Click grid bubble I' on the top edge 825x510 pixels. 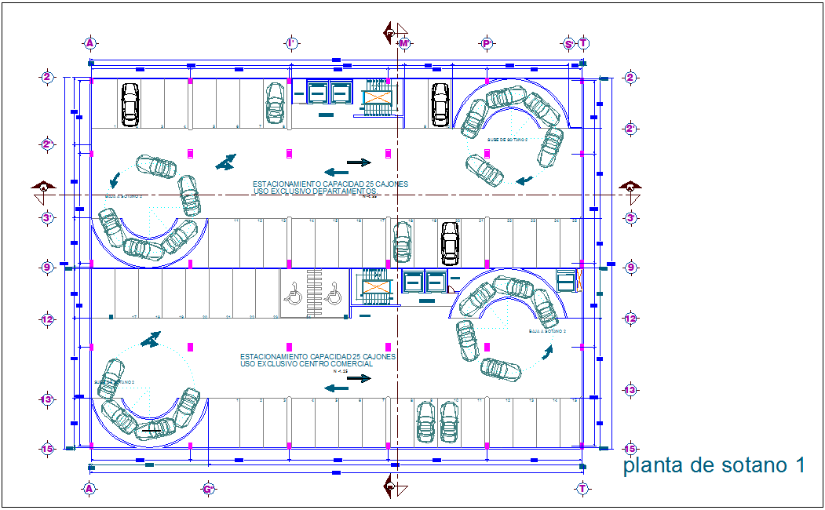coord(291,43)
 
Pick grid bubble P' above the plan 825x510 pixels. coord(487,43)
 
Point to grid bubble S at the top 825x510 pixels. coord(568,43)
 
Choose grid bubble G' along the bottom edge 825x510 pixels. coord(209,489)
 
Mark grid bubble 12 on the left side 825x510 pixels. coord(47,319)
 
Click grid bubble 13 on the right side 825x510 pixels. coord(630,390)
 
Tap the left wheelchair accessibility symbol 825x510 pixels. coord(294,297)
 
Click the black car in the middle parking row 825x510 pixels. coord(450,243)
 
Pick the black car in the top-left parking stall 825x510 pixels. coord(130,104)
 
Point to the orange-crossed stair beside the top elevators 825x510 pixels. coord(377,98)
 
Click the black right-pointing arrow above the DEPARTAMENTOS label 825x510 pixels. coord(359,162)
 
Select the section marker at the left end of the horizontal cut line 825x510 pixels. coord(44,187)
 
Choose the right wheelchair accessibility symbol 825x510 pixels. coord(333,297)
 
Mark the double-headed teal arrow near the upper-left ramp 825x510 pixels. coord(226,162)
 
